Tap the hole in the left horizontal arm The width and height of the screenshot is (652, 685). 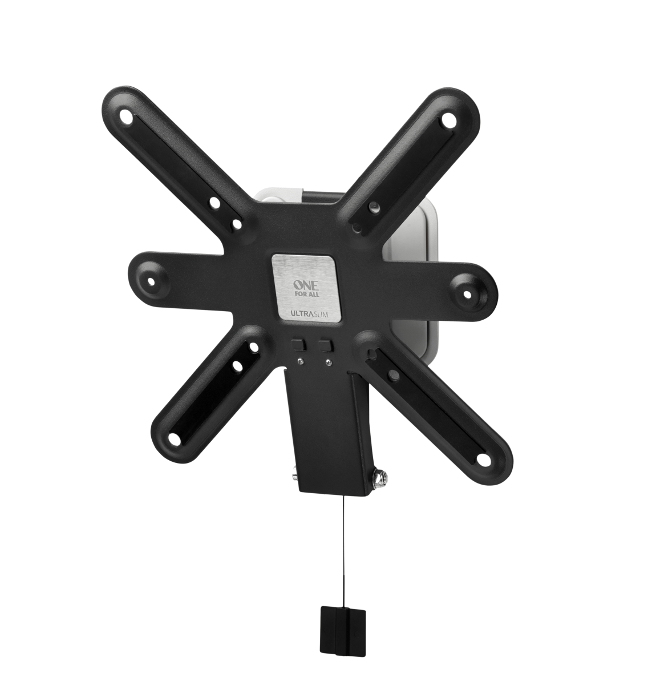tap(151, 280)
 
